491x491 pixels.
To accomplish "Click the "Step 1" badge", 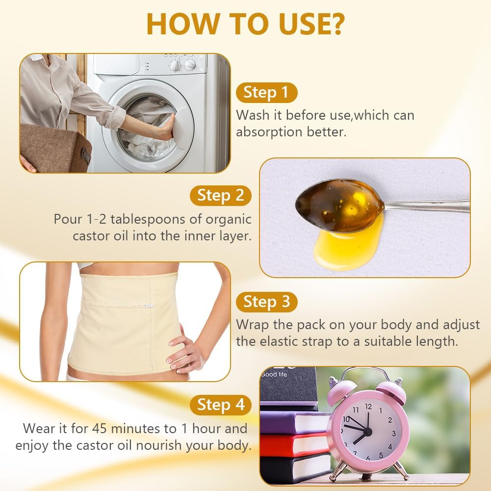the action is (266, 92).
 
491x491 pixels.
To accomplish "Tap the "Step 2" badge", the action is (220, 195).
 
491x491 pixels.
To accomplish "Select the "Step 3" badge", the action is (266, 302).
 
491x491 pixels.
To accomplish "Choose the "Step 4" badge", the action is (220, 405).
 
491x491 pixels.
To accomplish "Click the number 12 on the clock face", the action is (368, 407).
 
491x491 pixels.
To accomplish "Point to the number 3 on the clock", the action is (393, 434).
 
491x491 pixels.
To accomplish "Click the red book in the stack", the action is (294, 445).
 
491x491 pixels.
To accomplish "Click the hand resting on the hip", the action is (183, 351).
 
